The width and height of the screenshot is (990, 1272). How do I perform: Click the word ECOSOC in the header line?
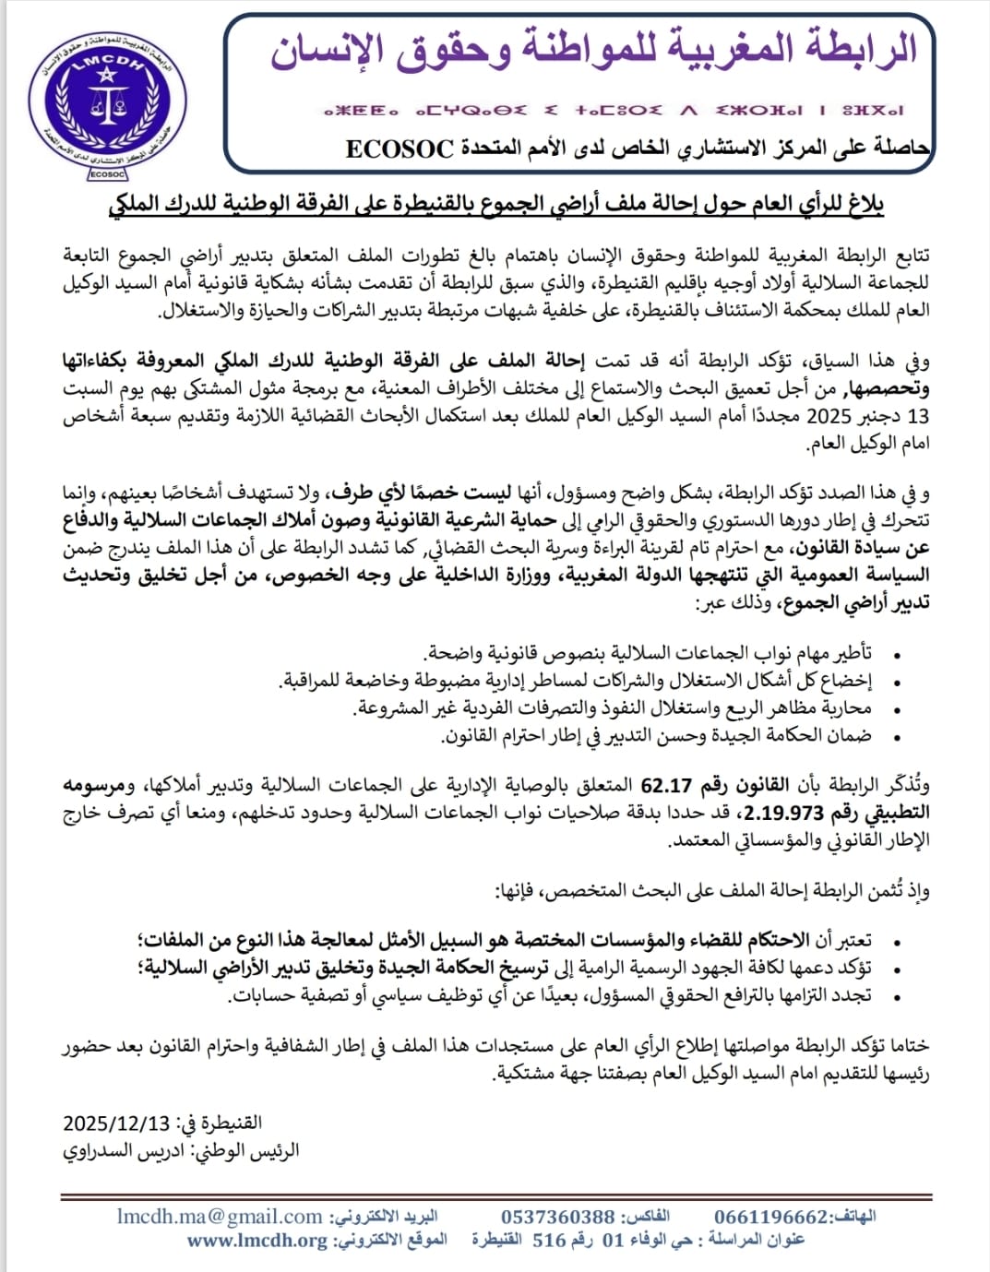[x=400, y=149]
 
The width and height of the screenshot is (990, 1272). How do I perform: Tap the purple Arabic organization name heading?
[x=594, y=49]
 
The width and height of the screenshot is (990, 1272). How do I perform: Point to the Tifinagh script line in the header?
[x=614, y=111]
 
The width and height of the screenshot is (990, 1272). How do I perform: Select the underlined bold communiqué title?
[x=495, y=205]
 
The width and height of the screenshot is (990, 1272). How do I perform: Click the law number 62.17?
[x=666, y=785]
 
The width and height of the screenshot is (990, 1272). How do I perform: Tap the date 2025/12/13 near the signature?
[x=116, y=1123]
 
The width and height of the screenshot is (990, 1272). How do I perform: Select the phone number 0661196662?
[x=771, y=1217]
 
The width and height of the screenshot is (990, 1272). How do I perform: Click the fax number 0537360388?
[x=557, y=1217]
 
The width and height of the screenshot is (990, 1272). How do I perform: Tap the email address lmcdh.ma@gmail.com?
[x=220, y=1217]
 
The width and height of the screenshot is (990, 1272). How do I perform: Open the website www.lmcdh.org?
[x=256, y=1240]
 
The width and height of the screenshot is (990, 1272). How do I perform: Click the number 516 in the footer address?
[x=549, y=1240]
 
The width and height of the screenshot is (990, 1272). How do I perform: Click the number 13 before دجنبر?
[x=918, y=416]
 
